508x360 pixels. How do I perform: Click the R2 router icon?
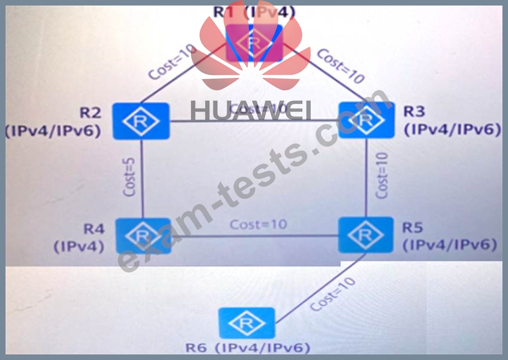[141, 121]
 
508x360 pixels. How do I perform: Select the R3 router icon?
[366, 120]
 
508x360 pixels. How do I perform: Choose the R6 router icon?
[247, 323]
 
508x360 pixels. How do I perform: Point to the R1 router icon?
[254, 43]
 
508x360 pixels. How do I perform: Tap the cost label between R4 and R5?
[258, 224]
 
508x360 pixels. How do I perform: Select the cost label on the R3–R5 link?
[382, 176]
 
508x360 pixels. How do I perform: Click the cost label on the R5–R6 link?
[333, 294]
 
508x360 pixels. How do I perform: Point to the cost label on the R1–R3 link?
[341, 65]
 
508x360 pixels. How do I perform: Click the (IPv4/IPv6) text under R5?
[450, 245]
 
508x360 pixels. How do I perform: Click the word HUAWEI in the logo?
[251, 110]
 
